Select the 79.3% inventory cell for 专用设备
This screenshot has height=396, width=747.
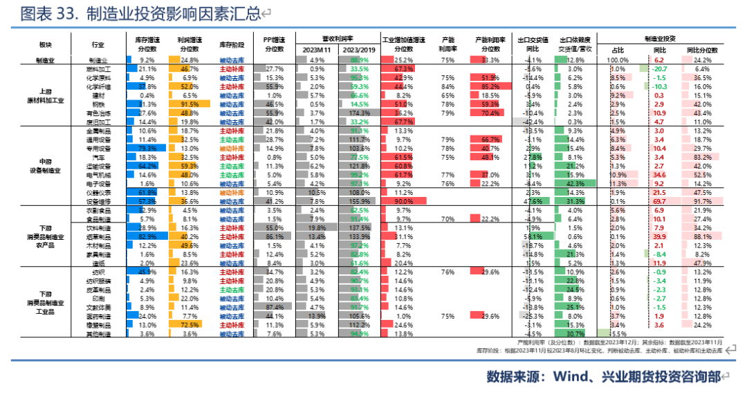(147, 149)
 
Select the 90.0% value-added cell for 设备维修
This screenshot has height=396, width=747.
(404, 200)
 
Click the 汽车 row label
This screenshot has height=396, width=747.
(100, 158)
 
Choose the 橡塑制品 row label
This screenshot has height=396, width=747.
(100, 325)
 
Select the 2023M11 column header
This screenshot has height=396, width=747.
(314, 50)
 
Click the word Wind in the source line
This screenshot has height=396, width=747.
(567, 377)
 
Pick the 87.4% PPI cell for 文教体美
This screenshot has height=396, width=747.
(275, 307)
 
